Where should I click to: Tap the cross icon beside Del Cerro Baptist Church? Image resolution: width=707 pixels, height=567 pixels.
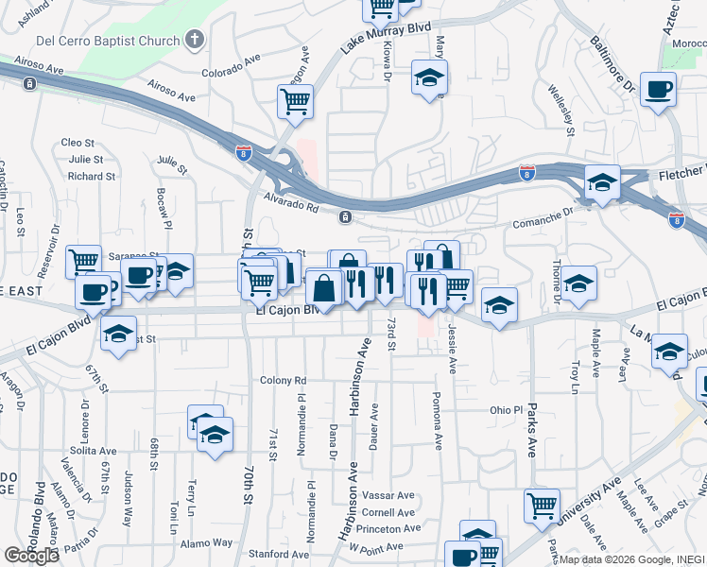coord(195,40)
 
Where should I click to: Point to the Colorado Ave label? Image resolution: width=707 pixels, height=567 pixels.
coord(231,66)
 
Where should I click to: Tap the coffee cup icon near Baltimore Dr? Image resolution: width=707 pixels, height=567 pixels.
coord(658,90)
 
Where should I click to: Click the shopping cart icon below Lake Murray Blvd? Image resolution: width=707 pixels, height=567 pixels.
coord(295,99)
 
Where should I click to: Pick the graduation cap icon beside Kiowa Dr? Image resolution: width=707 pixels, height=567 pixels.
coord(429,78)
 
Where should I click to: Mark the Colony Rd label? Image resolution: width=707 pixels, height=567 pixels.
coord(284,380)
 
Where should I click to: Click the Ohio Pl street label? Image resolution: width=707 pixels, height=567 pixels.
coord(506,410)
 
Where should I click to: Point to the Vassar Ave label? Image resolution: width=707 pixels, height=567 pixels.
coord(388,495)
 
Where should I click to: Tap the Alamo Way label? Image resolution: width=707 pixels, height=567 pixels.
coord(208,542)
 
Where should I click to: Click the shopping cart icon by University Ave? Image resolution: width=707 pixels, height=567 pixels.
coord(542,506)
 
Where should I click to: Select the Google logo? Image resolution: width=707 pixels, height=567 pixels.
coord(31,556)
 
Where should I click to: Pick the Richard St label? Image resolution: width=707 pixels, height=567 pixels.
coord(92,176)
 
